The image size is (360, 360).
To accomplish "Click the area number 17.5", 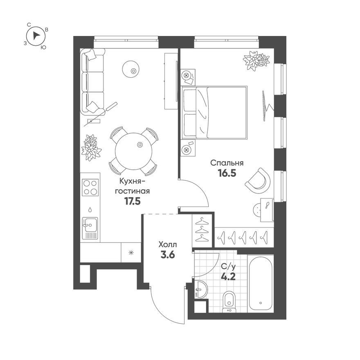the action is coord(132,201).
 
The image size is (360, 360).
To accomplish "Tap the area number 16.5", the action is coord(227,173).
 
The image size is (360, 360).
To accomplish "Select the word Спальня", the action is coord(227,163).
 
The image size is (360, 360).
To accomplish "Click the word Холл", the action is coord(168,245).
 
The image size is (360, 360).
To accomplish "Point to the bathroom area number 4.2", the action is coord(228,277).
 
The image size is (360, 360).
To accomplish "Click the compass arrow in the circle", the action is coord(36,36).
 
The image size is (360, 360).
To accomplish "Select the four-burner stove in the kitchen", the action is coord(90,187).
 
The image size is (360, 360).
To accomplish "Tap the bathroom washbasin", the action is coord(201,289).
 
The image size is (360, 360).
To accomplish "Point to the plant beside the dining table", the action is coord(91,147).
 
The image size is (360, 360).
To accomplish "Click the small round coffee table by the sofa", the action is coord(130,69).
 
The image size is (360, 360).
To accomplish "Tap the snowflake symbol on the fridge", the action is coord(131,253).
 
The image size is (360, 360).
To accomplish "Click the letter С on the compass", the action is coord(29,25).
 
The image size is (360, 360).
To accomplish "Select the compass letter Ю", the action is coord(43,47).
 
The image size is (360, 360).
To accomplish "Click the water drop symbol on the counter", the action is coord(90,209).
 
